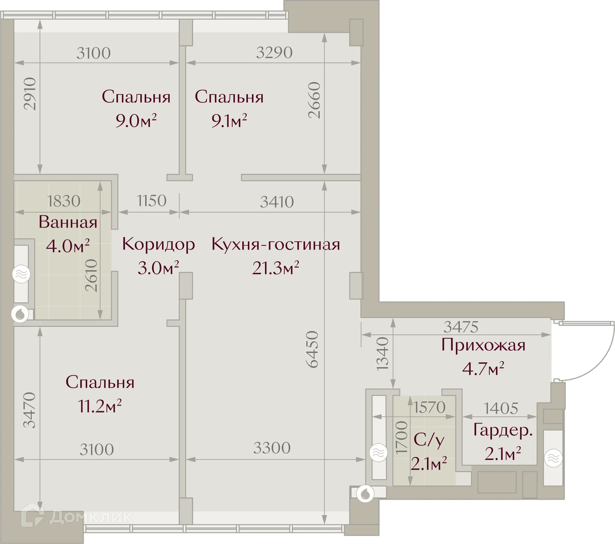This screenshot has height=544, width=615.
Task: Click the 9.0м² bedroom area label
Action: coord(136,121)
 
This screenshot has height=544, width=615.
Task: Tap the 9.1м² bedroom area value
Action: coord(229,121)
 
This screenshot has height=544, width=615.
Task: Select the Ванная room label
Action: coord(68,222)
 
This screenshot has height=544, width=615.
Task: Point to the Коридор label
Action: coord(158,244)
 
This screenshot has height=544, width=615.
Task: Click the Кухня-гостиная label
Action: coord(275,244)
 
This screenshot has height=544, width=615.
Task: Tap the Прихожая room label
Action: coord(483,345)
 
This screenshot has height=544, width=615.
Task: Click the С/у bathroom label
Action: coord(429,440)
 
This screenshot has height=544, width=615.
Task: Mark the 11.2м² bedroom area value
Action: coord(100,406)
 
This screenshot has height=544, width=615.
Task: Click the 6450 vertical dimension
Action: coord(312,349)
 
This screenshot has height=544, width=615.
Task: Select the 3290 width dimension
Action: coord(274,53)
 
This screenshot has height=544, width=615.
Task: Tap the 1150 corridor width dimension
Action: coord(152,201)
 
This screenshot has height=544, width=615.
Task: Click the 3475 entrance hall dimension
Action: coord(461,327)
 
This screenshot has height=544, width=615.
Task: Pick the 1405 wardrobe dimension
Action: coord(501,408)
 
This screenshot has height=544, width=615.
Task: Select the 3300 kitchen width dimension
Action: coord(272,448)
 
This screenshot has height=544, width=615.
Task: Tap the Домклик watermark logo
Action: coord(77,517)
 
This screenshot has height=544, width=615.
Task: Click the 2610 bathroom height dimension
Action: coord(92,275)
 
